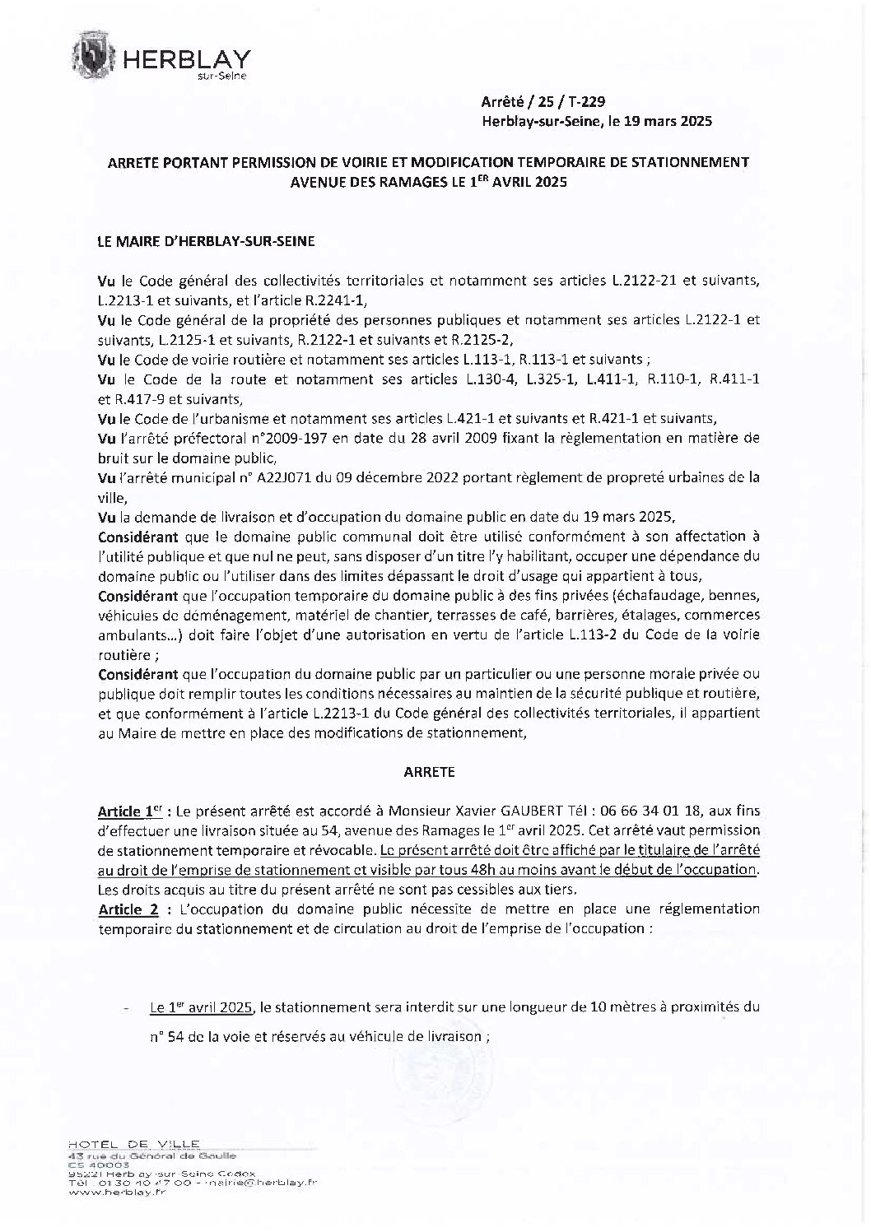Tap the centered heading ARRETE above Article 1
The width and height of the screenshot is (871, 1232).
(429, 772)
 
